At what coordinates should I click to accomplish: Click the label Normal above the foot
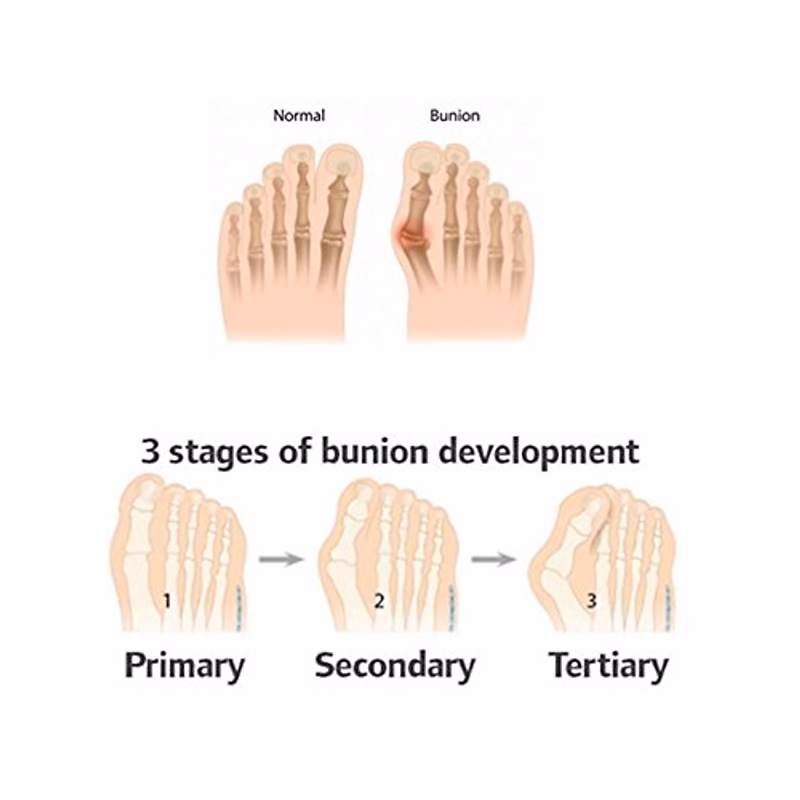pos(299,115)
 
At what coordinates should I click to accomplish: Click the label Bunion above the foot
pos(455,115)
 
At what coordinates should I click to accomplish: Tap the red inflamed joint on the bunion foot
pos(407,237)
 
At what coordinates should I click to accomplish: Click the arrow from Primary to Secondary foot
pos(281,559)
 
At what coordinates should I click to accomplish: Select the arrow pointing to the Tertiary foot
pos(493,559)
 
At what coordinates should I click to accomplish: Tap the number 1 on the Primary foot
pos(167,601)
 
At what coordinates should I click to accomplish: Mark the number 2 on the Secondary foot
pos(379,601)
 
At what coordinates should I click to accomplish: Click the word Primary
pos(185,666)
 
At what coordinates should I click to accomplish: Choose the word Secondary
pos(395,665)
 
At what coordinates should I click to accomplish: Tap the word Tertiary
pos(608,666)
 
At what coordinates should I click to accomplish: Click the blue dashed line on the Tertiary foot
pos(669,607)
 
